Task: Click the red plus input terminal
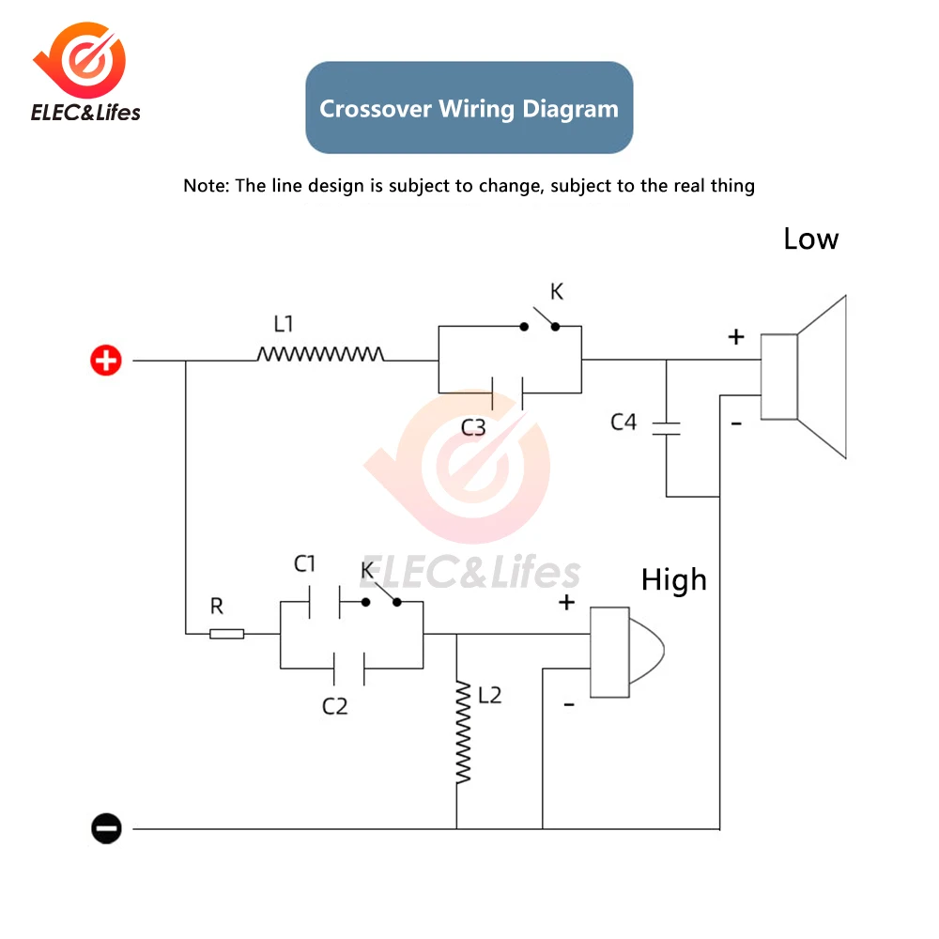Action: click(x=106, y=360)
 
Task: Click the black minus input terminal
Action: click(x=106, y=828)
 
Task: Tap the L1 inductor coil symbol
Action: click(x=320, y=354)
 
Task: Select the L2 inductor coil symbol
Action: click(x=462, y=732)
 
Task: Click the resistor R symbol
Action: click(x=226, y=634)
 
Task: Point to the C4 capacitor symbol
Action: click(x=667, y=428)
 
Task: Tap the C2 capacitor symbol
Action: click(x=349, y=669)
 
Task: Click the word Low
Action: click(x=810, y=239)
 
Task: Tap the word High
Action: click(x=673, y=580)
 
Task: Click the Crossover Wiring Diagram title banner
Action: click(x=469, y=108)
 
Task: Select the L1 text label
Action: click(x=284, y=324)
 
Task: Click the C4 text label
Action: click(x=623, y=422)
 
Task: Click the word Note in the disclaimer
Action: click(x=204, y=185)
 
